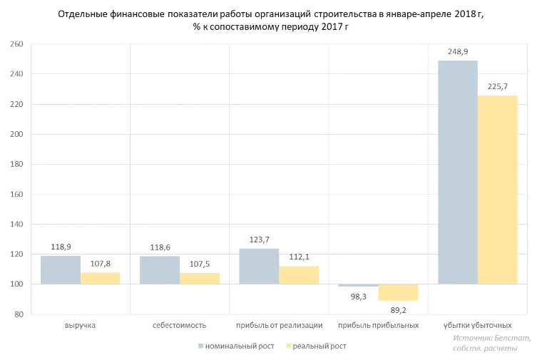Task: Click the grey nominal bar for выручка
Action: (61, 270)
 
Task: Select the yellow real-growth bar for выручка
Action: (100, 278)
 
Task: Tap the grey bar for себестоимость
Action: (160, 270)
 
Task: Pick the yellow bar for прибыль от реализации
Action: (299, 275)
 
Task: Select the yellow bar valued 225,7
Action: (497, 190)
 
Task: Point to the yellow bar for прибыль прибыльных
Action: (398, 292)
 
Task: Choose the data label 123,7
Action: (260, 240)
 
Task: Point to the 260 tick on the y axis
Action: (16, 44)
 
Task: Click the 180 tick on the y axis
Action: (16, 164)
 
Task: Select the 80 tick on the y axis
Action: (19, 314)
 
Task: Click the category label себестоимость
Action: (179, 325)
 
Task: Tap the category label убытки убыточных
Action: (477, 325)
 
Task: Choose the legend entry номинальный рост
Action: (235, 346)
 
